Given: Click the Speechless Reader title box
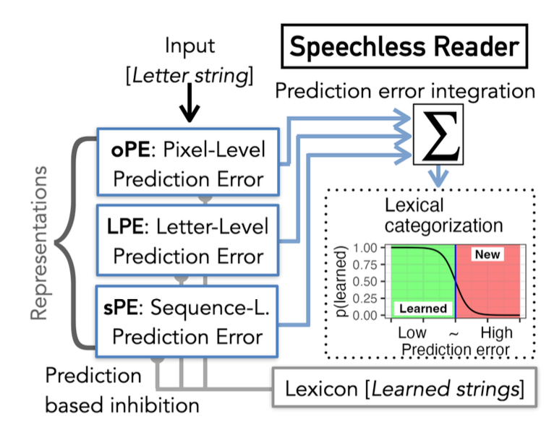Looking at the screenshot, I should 404,47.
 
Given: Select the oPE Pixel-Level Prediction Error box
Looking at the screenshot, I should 189,163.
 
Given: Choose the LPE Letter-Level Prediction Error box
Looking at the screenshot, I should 189,241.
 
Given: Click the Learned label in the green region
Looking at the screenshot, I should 422,309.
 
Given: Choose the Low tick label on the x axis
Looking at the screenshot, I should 413,333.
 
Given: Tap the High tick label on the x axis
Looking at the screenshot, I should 495,333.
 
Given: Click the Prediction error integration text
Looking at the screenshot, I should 405,90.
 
